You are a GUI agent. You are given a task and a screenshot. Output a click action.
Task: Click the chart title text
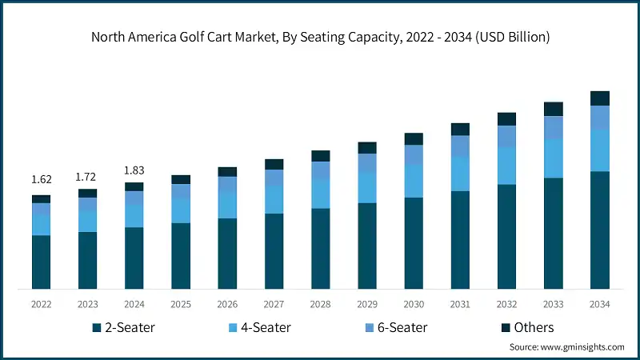[320, 37]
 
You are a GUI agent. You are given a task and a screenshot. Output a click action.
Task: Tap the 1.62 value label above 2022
[41, 179]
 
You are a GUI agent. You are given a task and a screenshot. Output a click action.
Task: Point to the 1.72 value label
[87, 174]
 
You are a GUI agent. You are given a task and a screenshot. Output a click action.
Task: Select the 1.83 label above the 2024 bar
[134, 170]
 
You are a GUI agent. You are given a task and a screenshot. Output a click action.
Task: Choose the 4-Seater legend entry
[259, 327]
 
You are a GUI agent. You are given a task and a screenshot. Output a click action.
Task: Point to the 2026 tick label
[227, 304]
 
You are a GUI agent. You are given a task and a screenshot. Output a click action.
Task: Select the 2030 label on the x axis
[413, 304]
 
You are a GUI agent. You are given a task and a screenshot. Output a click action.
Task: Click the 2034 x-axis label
[599, 304]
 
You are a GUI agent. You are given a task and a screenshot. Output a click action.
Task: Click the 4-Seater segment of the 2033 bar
[553, 158]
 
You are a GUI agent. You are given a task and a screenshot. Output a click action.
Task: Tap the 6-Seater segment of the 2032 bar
[506, 136]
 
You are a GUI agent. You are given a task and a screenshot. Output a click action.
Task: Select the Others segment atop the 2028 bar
[320, 156]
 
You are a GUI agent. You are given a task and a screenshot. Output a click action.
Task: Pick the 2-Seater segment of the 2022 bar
[41, 262]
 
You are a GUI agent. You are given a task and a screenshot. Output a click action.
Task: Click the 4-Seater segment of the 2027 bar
[274, 199]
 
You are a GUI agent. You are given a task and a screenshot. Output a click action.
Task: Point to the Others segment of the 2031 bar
[460, 130]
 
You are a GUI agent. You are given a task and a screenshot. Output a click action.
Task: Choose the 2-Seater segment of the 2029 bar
[366, 246]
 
